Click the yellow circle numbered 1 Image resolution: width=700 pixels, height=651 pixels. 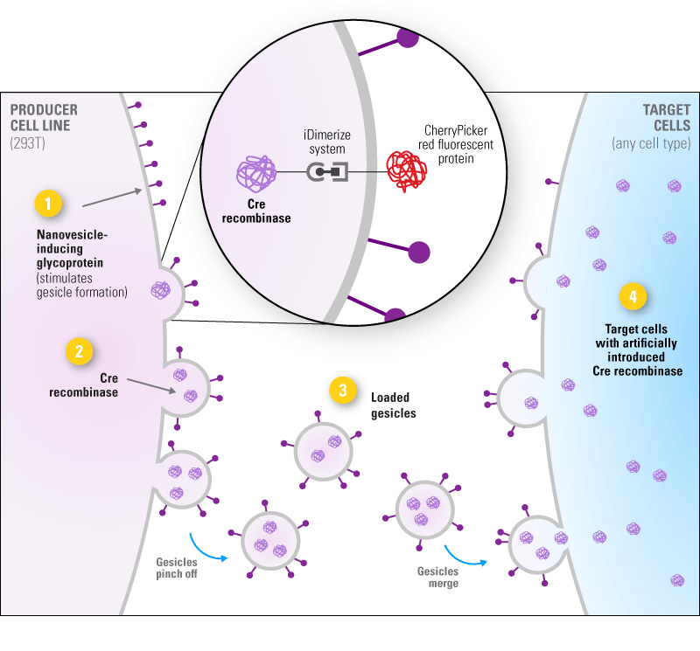[x=48, y=204]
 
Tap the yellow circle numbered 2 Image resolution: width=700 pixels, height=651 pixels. [x=80, y=351]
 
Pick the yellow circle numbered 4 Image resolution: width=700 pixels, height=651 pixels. [x=633, y=296]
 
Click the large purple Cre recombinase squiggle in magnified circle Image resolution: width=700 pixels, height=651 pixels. [x=256, y=171]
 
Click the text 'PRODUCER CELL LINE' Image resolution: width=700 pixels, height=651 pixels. [x=44, y=118]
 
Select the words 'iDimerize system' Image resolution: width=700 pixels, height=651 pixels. [x=325, y=142]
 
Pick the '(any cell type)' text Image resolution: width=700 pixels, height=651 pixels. [x=651, y=142]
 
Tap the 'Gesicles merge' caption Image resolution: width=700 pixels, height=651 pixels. [x=437, y=577]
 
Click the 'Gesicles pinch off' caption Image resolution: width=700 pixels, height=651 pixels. [x=178, y=569]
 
